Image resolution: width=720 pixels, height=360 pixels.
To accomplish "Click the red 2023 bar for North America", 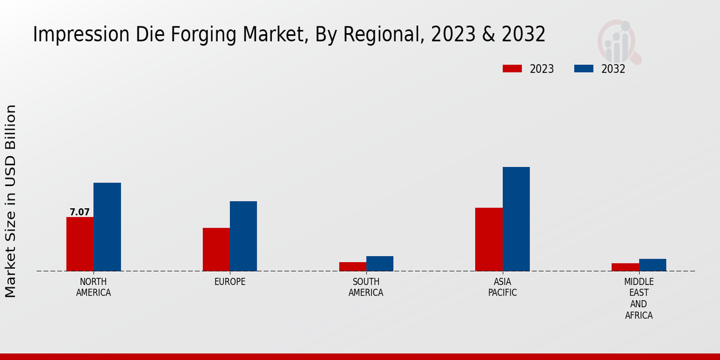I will [80, 244].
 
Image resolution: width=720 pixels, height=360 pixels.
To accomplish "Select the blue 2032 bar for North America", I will [107, 227].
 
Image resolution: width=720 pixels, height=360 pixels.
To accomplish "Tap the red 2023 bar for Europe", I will [216, 249].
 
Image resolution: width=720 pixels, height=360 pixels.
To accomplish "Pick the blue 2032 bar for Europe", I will [243, 236].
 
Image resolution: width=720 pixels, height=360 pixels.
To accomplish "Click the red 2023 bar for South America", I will [352, 266].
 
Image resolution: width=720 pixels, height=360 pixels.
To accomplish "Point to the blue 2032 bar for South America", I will [380, 263].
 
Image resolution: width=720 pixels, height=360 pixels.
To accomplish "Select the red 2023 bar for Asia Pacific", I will [488, 239].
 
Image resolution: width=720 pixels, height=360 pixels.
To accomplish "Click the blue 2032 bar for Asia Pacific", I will [516, 218].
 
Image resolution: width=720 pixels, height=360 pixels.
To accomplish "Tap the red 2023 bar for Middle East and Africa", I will [625, 267].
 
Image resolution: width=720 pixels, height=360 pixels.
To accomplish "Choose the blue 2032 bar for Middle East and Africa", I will [652, 265].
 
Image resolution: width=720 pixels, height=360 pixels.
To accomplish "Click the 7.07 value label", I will [79, 212].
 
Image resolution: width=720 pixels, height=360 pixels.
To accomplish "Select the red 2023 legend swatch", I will [512, 68].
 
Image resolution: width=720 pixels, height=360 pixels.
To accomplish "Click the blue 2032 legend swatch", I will [583, 68].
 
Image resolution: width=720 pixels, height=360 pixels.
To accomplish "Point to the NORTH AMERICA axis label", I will [94, 287].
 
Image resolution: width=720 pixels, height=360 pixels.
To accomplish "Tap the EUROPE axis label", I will [230, 282].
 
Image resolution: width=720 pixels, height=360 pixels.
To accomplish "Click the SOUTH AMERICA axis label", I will [366, 287].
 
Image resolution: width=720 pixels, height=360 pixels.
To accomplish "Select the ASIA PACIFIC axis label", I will [502, 287].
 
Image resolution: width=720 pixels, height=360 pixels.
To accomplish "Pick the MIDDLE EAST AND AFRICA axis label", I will [638, 298].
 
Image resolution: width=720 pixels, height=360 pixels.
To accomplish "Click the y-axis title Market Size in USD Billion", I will [11, 201].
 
